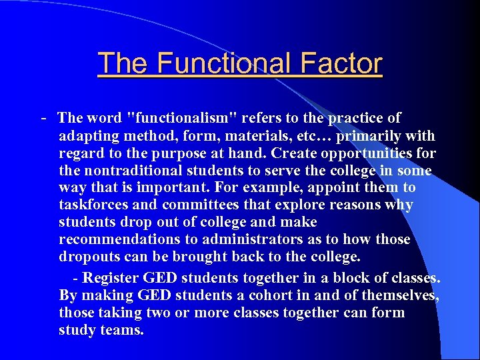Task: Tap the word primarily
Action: click(369, 136)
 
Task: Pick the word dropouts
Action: click(90, 257)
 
